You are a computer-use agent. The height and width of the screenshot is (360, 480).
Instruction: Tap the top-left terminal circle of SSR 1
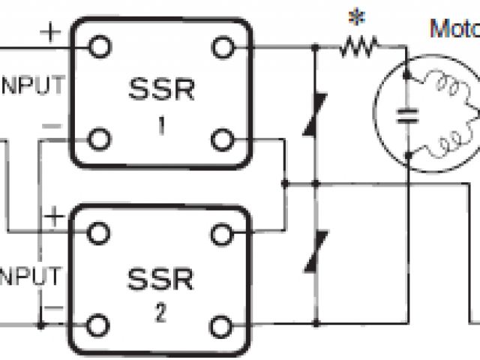[x=99, y=47]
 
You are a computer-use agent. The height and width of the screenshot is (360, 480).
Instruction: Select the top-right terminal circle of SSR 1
[x=221, y=47]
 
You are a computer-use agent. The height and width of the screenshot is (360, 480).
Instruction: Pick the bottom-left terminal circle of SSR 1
[x=99, y=139]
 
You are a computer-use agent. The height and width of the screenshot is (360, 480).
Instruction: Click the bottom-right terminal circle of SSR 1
[x=221, y=139]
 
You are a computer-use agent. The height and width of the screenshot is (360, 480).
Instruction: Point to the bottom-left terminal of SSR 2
[x=96, y=325]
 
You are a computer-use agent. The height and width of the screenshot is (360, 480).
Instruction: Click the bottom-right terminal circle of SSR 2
[x=220, y=325]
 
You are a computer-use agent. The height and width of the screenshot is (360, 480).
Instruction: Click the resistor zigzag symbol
[x=358, y=48]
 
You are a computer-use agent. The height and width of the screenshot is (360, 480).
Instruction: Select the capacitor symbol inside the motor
[x=408, y=114]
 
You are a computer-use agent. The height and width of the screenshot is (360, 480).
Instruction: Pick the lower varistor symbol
[x=314, y=253]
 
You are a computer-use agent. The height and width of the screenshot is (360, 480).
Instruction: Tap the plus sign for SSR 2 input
[x=55, y=218]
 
